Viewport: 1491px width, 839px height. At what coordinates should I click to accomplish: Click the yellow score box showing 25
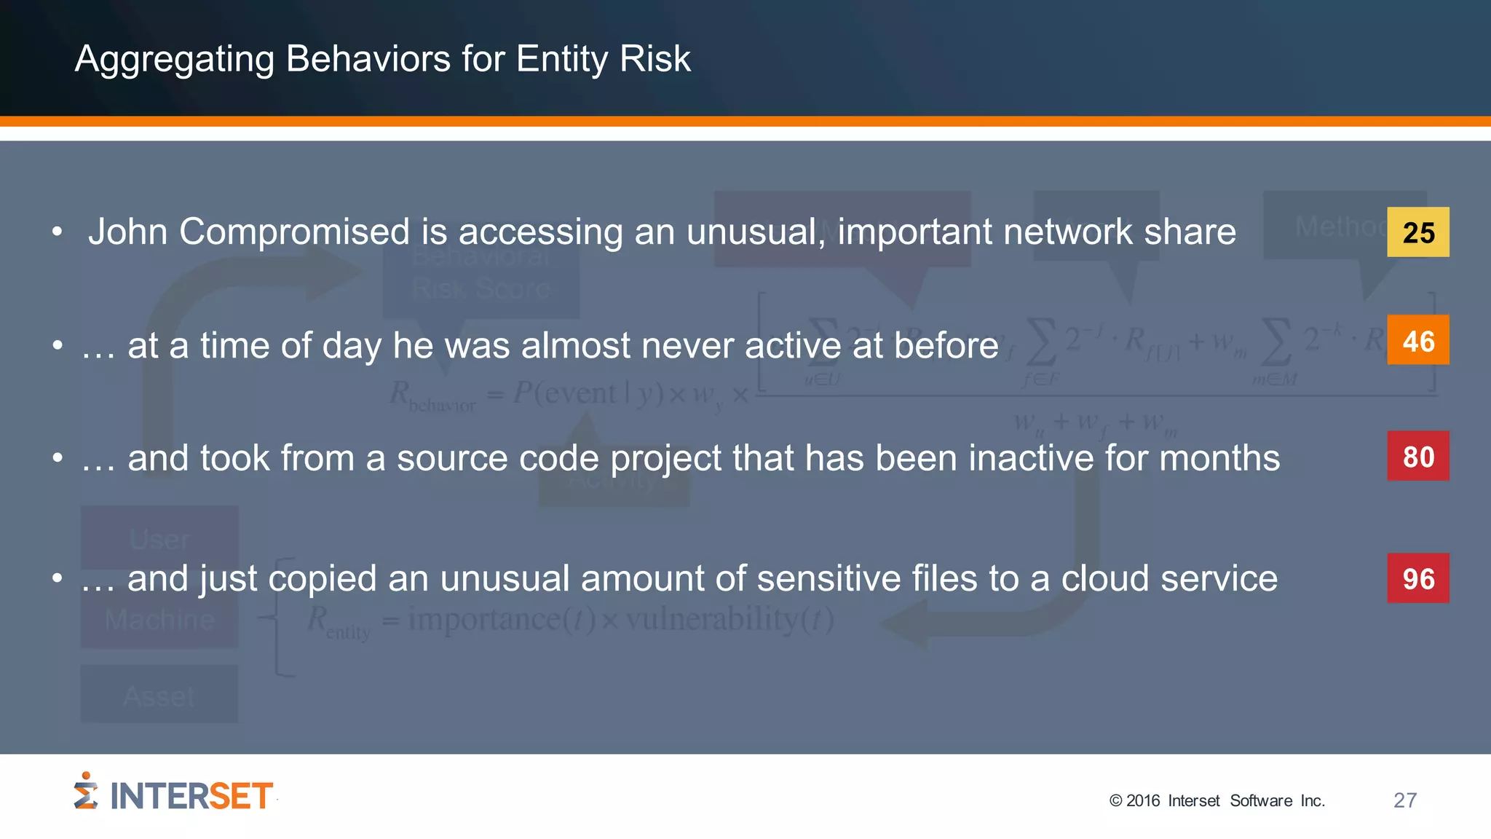(x=1417, y=232)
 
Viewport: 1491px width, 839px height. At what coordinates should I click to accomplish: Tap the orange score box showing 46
(x=1417, y=340)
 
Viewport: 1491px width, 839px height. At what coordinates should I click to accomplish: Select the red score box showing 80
(x=1417, y=456)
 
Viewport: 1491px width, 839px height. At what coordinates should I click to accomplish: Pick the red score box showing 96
(x=1417, y=578)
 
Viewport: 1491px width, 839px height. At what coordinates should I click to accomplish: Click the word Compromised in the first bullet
(x=294, y=232)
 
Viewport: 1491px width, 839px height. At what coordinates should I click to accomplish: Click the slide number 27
(x=1404, y=800)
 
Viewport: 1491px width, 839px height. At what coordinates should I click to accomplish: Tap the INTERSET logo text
(x=191, y=796)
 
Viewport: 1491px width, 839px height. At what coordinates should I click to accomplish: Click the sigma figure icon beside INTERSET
(x=85, y=792)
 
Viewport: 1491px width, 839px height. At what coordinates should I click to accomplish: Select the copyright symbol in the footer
(x=1115, y=801)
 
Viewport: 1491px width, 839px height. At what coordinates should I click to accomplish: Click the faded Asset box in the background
(x=159, y=696)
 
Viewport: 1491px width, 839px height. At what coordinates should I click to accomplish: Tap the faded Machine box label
(x=159, y=620)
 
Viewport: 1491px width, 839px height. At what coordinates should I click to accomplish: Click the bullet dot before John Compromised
(x=58, y=232)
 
